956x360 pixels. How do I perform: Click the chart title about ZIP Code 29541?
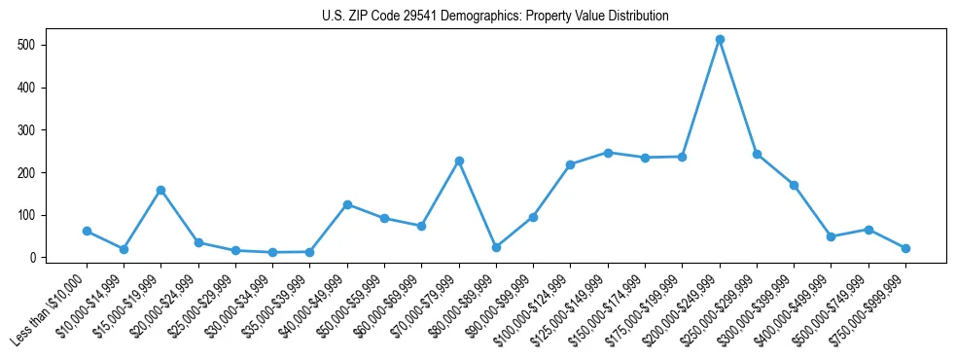[495, 17]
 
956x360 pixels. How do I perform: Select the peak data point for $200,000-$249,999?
[720, 40]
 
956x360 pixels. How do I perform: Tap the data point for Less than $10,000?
[87, 232]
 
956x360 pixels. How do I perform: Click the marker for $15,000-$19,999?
[161, 190]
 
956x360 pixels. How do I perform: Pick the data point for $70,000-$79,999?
[459, 161]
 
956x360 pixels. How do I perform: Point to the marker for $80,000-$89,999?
[496, 247]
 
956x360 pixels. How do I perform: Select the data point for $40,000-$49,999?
[347, 204]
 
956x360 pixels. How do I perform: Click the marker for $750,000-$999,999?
[905, 248]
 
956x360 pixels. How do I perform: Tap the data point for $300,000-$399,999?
[795, 185]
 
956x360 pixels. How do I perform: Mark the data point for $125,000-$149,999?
[608, 153]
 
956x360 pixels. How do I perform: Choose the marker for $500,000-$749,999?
[868, 230]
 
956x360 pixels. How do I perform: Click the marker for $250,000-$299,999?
[757, 154]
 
